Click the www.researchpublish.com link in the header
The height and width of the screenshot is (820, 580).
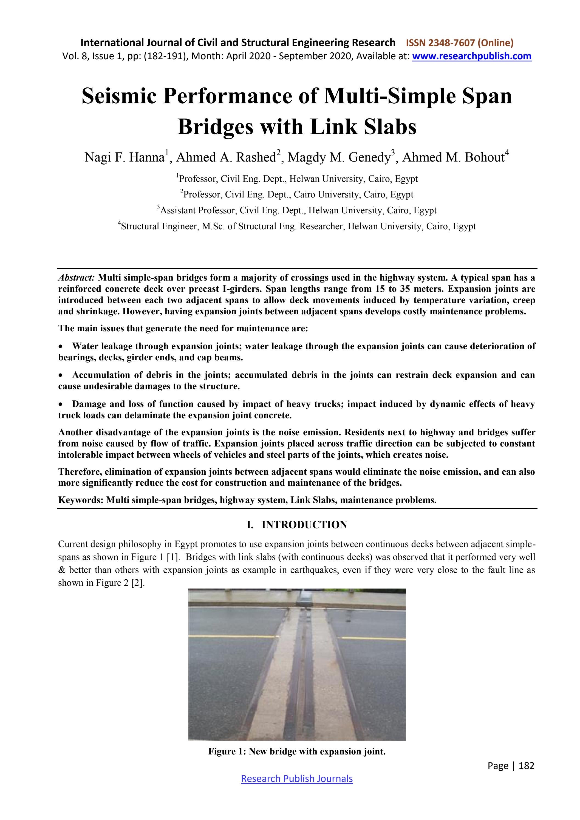point(471,56)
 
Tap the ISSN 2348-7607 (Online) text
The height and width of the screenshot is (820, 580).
point(460,43)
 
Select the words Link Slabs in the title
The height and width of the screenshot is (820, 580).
point(363,126)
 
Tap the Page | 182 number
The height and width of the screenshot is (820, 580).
point(511,765)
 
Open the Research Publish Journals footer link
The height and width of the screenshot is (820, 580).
point(297,779)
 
